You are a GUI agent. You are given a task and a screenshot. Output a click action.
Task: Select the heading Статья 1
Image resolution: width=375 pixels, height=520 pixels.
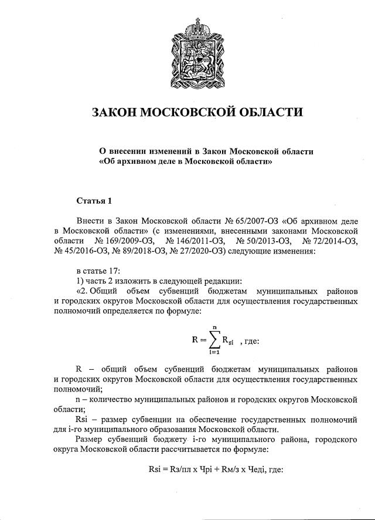coord(94,201)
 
